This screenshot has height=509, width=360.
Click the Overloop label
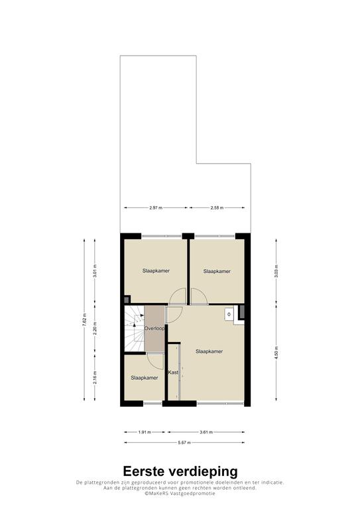pyautogui.click(x=154, y=329)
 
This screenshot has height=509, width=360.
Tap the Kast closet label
pyautogui.click(x=173, y=372)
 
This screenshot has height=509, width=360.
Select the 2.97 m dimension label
pyautogui.click(x=156, y=207)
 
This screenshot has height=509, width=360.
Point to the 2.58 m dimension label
pyautogui.click(x=217, y=207)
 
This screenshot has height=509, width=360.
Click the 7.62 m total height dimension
pyautogui.click(x=84, y=320)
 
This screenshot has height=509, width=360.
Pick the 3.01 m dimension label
pyautogui.click(x=95, y=271)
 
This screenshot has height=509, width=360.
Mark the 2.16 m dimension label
pyautogui.click(x=95, y=378)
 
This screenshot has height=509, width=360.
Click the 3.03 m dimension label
pyautogui.click(x=276, y=271)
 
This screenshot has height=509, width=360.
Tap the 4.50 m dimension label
pyautogui.click(x=276, y=353)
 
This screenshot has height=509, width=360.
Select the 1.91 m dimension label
pyautogui.click(x=145, y=432)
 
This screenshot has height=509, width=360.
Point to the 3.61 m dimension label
pyautogui.click(x=206, y=432)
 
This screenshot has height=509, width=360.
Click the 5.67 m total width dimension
pyautogui.click(x=184, y=443)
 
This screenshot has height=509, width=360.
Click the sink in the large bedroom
pyautogui.click(x=229, y=314)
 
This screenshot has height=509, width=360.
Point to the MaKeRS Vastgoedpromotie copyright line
pyautogui.click(x=180, y=493)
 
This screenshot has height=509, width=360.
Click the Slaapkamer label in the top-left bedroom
pyautogui.click(x=156, y=270)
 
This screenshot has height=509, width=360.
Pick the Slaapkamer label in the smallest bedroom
pyautogui.click(x=145, y=378)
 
